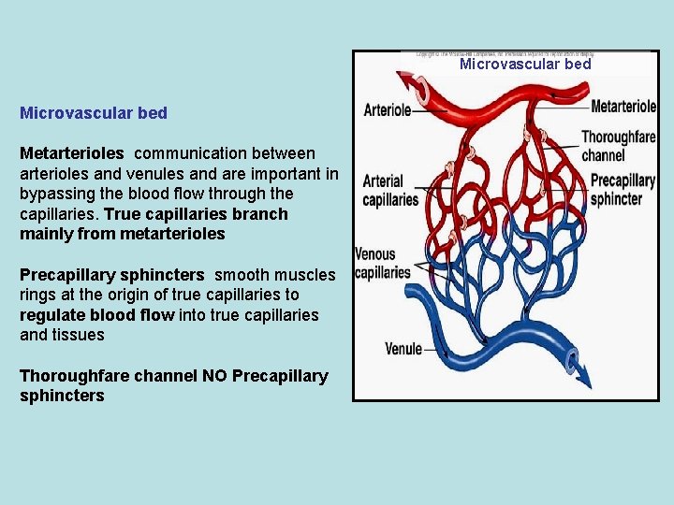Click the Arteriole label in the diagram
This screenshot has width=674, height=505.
pos(387,109)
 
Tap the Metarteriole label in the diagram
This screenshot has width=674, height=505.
pos(623,107)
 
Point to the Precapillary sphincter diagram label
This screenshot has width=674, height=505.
pos(623,189)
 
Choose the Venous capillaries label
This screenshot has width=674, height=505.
pos(382,263)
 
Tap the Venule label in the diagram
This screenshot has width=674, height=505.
pos(403,350)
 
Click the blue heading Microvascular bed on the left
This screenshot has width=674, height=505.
pos(94,113)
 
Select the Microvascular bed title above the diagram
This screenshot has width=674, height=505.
pos(525,65)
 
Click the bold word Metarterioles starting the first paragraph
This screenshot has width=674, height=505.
pos(71,152)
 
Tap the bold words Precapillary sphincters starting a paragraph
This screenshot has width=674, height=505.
pos(111,275)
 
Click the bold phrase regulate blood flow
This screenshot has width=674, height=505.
pos(96,315)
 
